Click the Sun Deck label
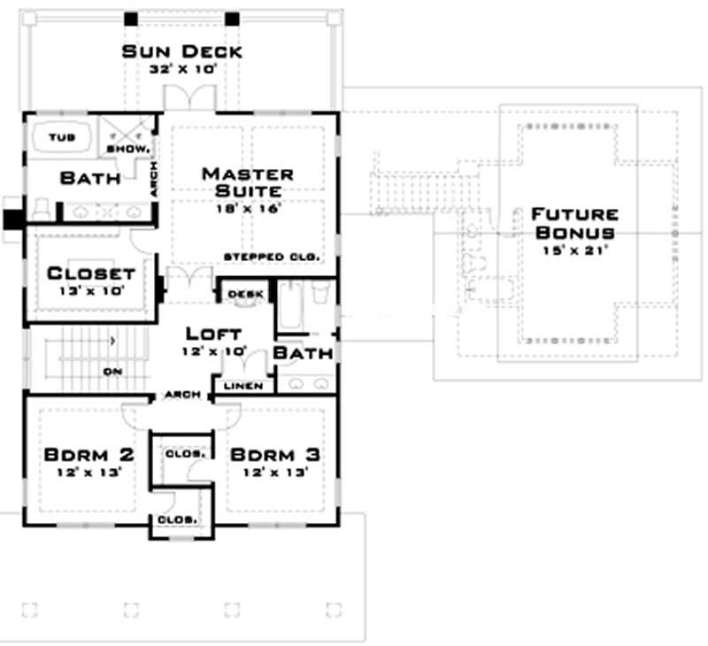[181, 50]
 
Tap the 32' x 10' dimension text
[181, 67]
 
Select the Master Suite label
[248, 181]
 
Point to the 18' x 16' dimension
[248, 209]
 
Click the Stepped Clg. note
[270, 257]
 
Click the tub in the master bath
[63, 138]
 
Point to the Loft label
[213, 334]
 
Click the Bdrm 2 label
[88, 455]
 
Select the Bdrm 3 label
[274, 455]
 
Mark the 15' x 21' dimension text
[573, 250]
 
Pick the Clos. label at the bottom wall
[177, 519]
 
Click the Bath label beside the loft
[304, 353]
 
